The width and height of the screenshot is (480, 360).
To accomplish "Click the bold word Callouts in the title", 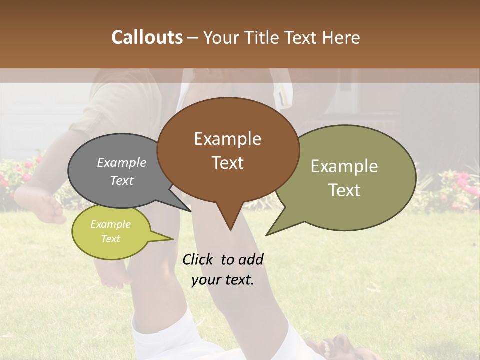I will pos(147,37).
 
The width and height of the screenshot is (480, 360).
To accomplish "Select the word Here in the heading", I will pos(341,37).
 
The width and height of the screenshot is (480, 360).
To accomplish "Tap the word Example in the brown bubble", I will pos(227,139).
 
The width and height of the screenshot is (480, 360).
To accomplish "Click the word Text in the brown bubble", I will pos(227,163).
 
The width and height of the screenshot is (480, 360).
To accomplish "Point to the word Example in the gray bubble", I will pos(122,162).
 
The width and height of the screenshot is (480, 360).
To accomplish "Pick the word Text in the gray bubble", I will pos(122,180).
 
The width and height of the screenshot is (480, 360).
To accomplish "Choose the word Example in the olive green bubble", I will pos(344,166).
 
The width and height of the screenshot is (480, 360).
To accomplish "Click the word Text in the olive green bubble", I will pos(344,190).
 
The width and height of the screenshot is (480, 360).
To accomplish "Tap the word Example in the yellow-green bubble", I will pos(111,224).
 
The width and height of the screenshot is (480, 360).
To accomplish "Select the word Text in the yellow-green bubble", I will pos(111,239).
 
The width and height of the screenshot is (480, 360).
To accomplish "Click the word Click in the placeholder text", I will pos(199,259).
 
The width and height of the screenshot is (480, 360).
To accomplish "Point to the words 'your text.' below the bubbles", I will pos(223,280).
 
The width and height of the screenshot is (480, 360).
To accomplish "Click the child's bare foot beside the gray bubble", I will pos(49,208).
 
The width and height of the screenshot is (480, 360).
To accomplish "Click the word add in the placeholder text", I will pos(251,259).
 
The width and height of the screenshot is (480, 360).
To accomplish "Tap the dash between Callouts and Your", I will pos(193,37).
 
